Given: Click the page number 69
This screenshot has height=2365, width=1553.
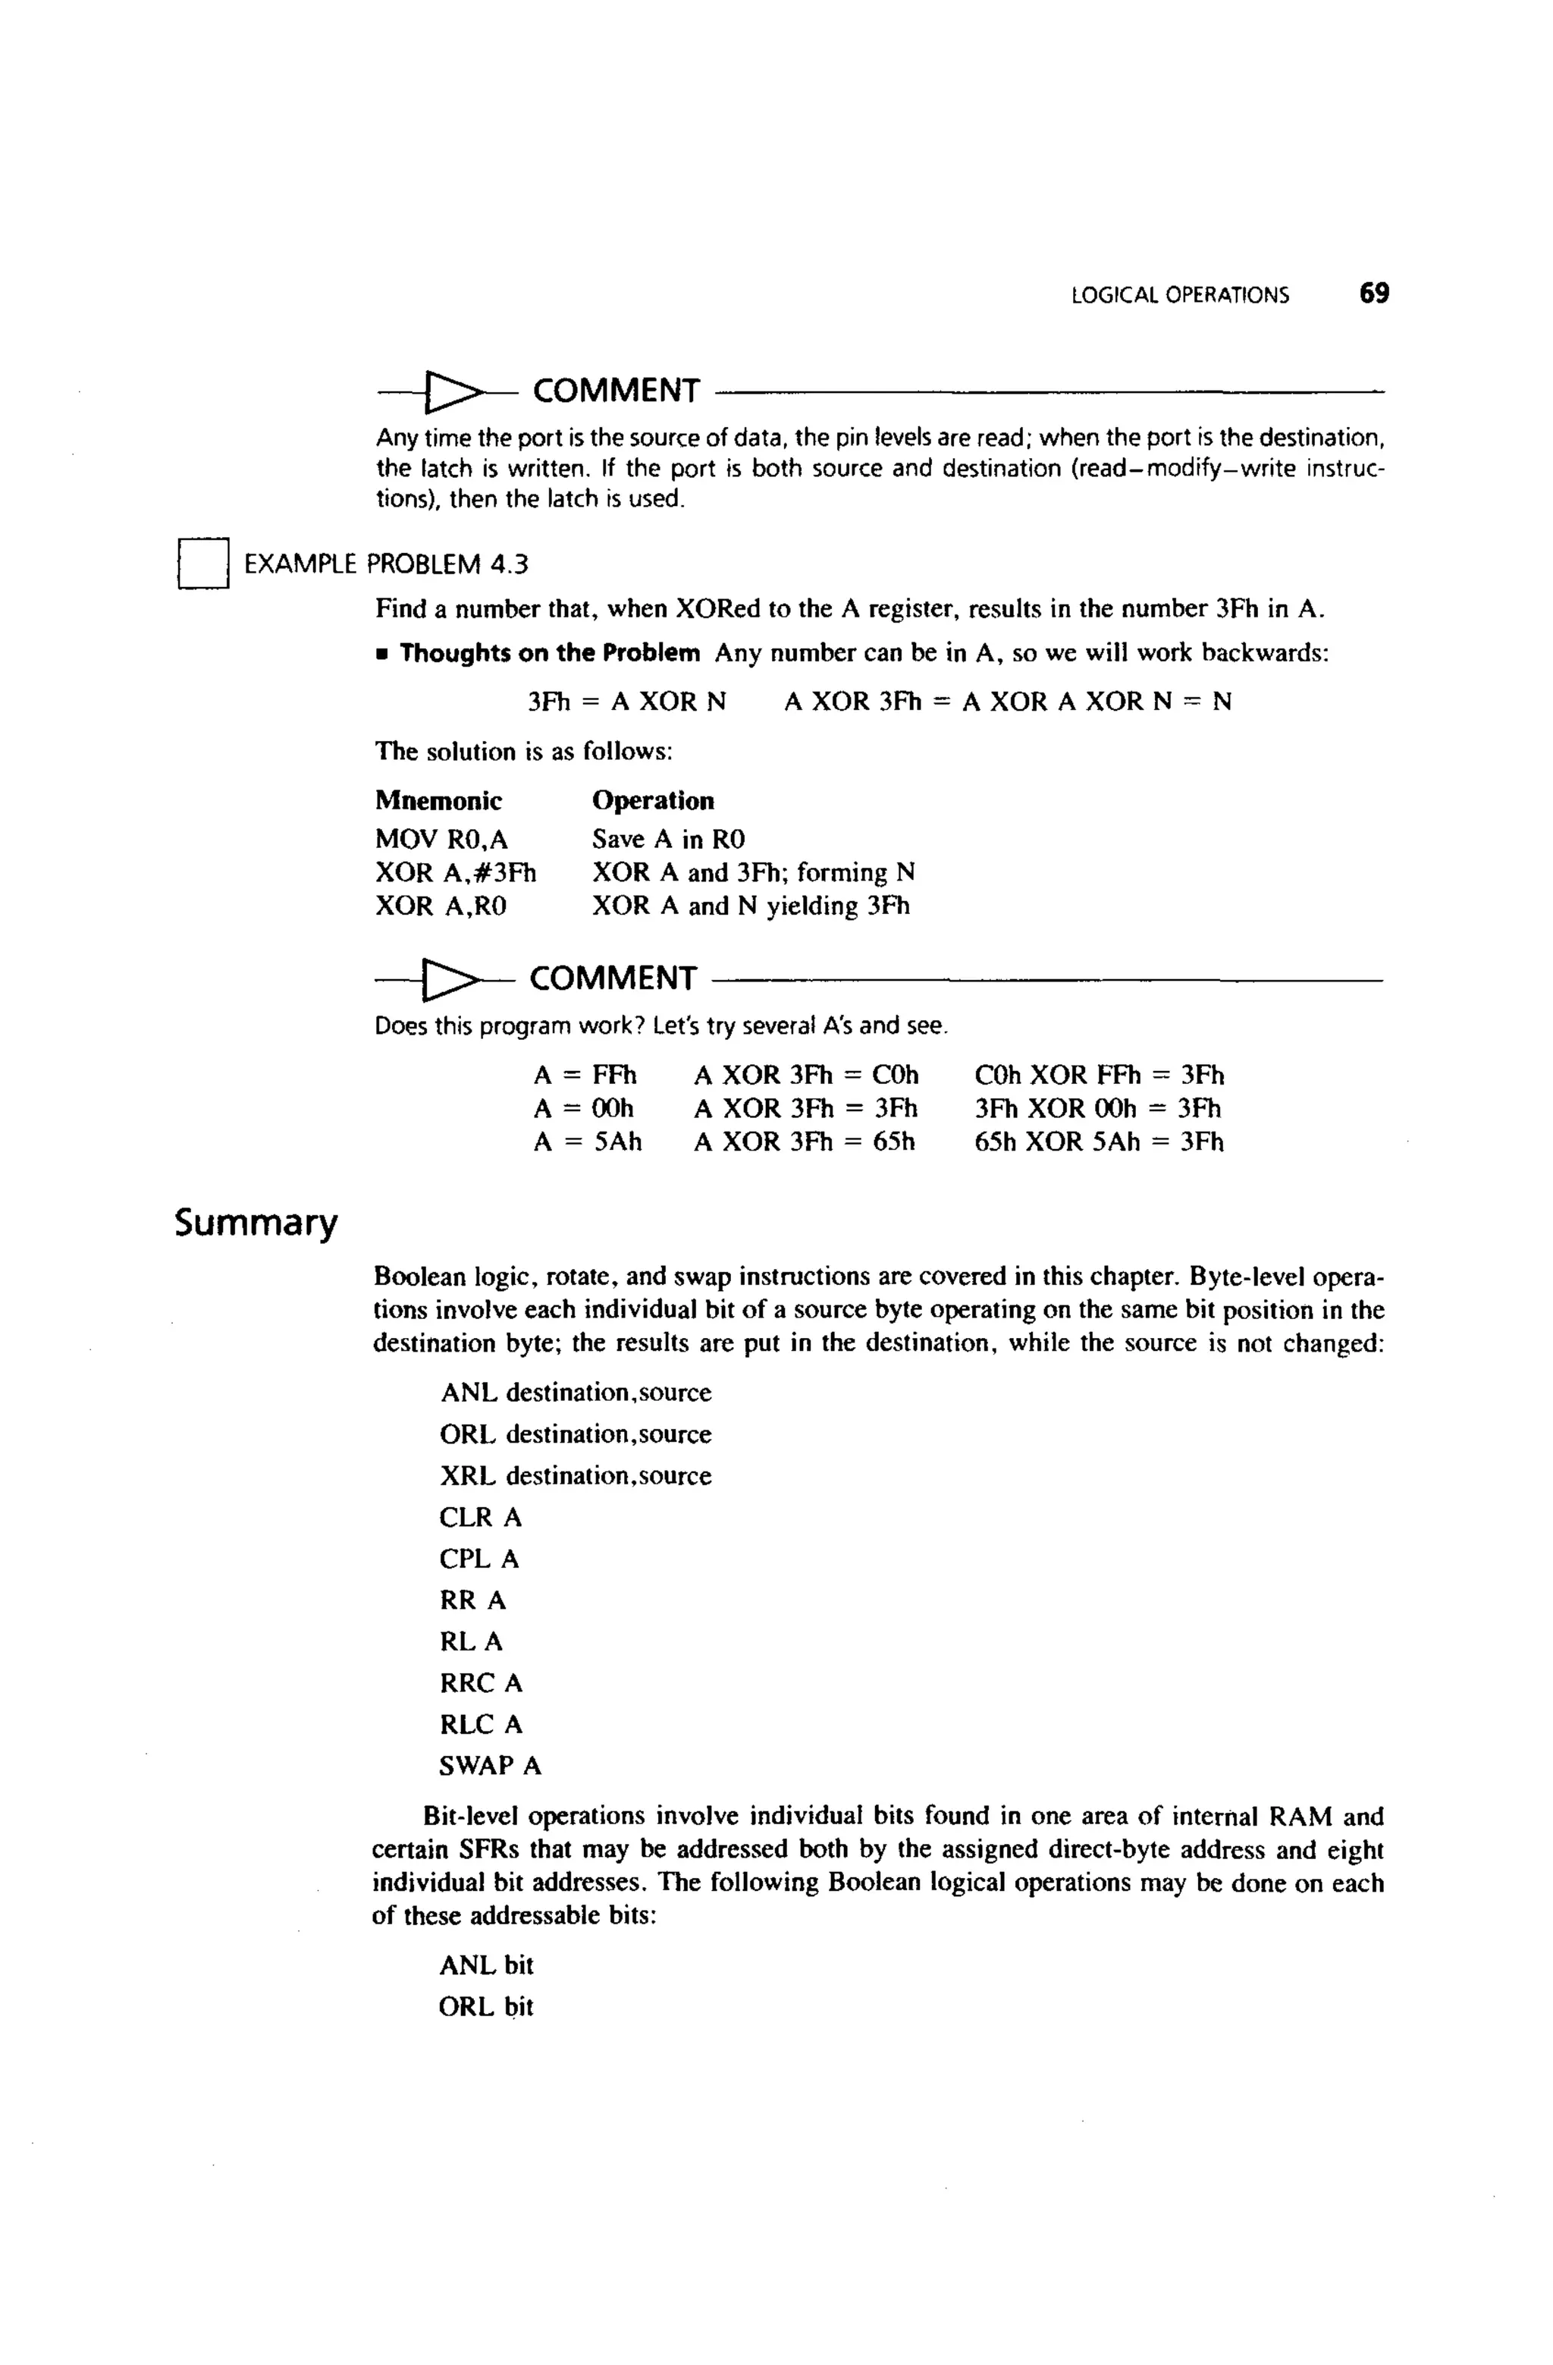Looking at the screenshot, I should click(1374, 293).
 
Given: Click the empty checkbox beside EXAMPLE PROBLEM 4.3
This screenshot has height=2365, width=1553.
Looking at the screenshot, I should click(204, 564).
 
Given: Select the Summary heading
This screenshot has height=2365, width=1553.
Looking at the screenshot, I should click(256, 1222).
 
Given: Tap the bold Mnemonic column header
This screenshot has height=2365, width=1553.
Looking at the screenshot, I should click(438, 801).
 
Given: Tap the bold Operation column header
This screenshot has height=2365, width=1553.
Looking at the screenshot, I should click(653, 801).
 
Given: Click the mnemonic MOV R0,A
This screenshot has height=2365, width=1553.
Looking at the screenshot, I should click(441, 840).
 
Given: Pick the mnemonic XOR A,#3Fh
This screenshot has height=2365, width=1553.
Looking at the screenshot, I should click(455, 872).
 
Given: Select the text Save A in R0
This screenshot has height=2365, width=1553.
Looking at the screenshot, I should click(669, 840).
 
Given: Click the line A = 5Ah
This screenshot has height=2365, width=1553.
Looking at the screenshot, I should click(587, 1142).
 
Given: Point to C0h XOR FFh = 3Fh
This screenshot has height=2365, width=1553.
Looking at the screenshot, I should click(1099, 1076).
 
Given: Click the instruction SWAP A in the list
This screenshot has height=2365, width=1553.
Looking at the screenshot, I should click(490, 1766).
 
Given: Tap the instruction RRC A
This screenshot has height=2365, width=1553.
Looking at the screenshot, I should click(481, 1682).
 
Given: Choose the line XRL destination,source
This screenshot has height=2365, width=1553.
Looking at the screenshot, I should click(576, 1475).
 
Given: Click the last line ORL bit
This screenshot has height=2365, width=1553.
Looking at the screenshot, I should click(486, 2006).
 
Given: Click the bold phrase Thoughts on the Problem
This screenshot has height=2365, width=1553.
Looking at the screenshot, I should click(550, 654).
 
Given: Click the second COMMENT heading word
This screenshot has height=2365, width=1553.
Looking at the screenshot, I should click(613, 978).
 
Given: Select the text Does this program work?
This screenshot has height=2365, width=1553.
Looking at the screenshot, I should click(510, 1025).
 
